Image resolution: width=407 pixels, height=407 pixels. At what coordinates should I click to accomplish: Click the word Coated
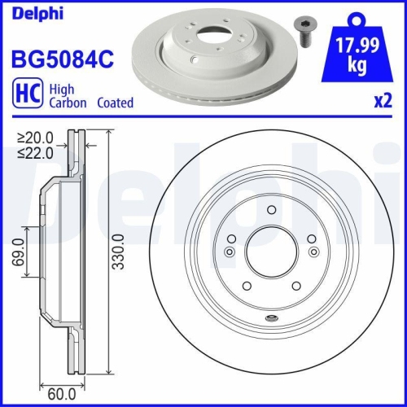point(115,103)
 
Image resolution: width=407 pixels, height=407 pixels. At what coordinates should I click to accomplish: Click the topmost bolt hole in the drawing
point(270,210)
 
